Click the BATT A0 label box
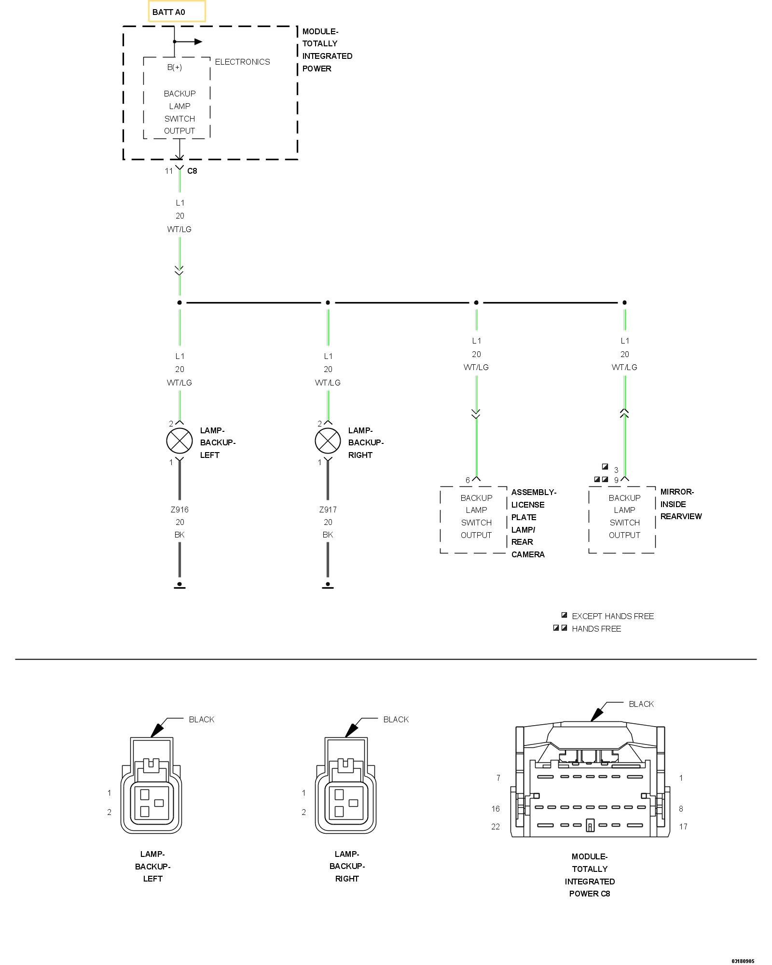(177, 12)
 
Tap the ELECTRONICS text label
(242, 62)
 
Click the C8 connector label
(192, 171)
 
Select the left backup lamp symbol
(179, 441)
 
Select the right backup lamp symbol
(328, 441)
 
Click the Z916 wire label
(179, 510)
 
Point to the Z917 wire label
(328, 510)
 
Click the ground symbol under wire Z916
(179, 585)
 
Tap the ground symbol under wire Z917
(328, 585)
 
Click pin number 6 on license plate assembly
(468, 480)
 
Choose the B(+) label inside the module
(175, 68)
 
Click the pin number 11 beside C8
(168, 171)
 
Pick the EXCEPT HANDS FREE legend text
(613, 616)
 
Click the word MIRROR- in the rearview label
(677, 492)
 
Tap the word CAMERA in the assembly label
(528, 554)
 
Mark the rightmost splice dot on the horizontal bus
(624, 303)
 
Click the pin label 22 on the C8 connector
(496, 827)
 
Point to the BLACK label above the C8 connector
(641, 704)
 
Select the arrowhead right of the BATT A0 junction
(198, 41)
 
